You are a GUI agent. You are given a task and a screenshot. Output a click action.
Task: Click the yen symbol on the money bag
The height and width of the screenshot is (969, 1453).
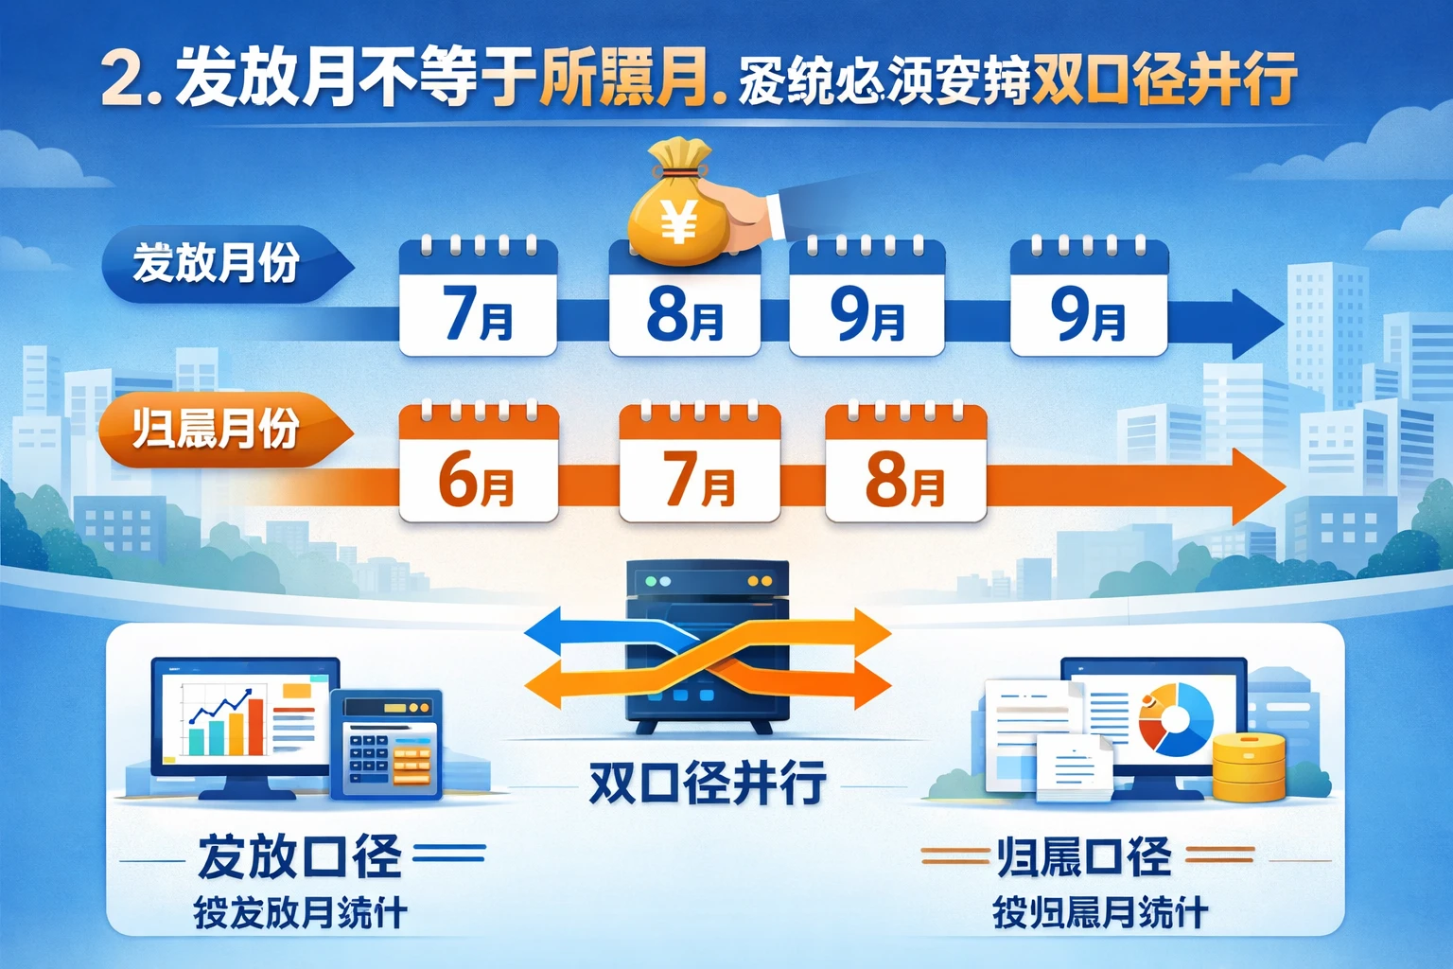coord(678,223)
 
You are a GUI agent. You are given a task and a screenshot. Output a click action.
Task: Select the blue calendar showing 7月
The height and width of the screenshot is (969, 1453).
coord(478,298)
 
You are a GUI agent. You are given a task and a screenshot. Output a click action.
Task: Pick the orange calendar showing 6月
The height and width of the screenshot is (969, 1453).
coord(478,464)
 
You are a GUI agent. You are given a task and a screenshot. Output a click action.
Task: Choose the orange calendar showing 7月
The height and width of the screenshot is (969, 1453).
coord(699,464)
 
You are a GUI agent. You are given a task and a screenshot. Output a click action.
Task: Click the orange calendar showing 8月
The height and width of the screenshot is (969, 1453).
coord(905,464)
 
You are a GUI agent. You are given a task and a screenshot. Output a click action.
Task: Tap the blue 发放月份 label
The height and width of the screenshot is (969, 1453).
coord(218,263)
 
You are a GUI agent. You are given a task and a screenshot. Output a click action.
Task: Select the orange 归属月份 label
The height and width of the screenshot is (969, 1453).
coord(218,429)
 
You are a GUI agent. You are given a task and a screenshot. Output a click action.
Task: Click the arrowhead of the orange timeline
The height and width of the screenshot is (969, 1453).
coord(1258,486)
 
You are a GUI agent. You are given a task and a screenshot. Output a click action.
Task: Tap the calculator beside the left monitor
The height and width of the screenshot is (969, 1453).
coord(387,744)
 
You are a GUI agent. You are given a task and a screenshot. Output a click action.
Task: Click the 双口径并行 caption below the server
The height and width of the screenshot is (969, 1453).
coord(707,784)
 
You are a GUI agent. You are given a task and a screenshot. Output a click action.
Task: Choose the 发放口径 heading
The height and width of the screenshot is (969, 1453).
coord(300,856)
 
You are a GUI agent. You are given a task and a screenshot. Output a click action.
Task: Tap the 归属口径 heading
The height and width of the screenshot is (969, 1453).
coord(1084,857)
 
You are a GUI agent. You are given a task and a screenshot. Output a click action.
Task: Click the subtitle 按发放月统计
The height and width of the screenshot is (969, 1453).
coord(300,913)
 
